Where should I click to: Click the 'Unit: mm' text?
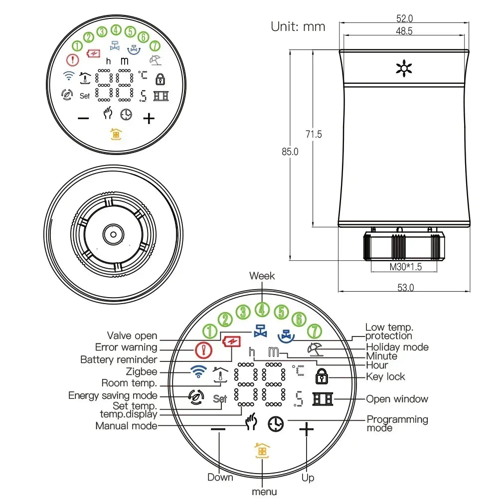tap(298, 26)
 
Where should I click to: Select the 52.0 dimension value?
tap(404, 18)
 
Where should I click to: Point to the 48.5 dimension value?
tap(404, 31)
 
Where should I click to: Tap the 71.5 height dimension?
tap(314, 134)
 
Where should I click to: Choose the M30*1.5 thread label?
tap(405, 267)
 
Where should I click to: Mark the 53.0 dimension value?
tap(405, 287)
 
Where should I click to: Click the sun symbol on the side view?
tap(403, 68)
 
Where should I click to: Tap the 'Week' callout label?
tap(262, 276)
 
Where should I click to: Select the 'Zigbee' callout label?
tap(142, 371)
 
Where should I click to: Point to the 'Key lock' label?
tap(385, 377)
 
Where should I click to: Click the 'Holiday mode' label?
tap(397, 347)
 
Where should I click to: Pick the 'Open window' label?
tap(397, 399)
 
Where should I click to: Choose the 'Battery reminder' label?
tap(119, 359)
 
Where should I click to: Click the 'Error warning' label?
tap(126, 347)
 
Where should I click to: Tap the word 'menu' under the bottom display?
tap(264, 492)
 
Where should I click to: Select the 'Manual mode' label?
tap(126, 426)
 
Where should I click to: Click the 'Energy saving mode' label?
tap(113, 395)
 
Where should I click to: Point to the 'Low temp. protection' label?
tap(389, 332)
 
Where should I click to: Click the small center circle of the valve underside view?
tap(114, 234)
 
